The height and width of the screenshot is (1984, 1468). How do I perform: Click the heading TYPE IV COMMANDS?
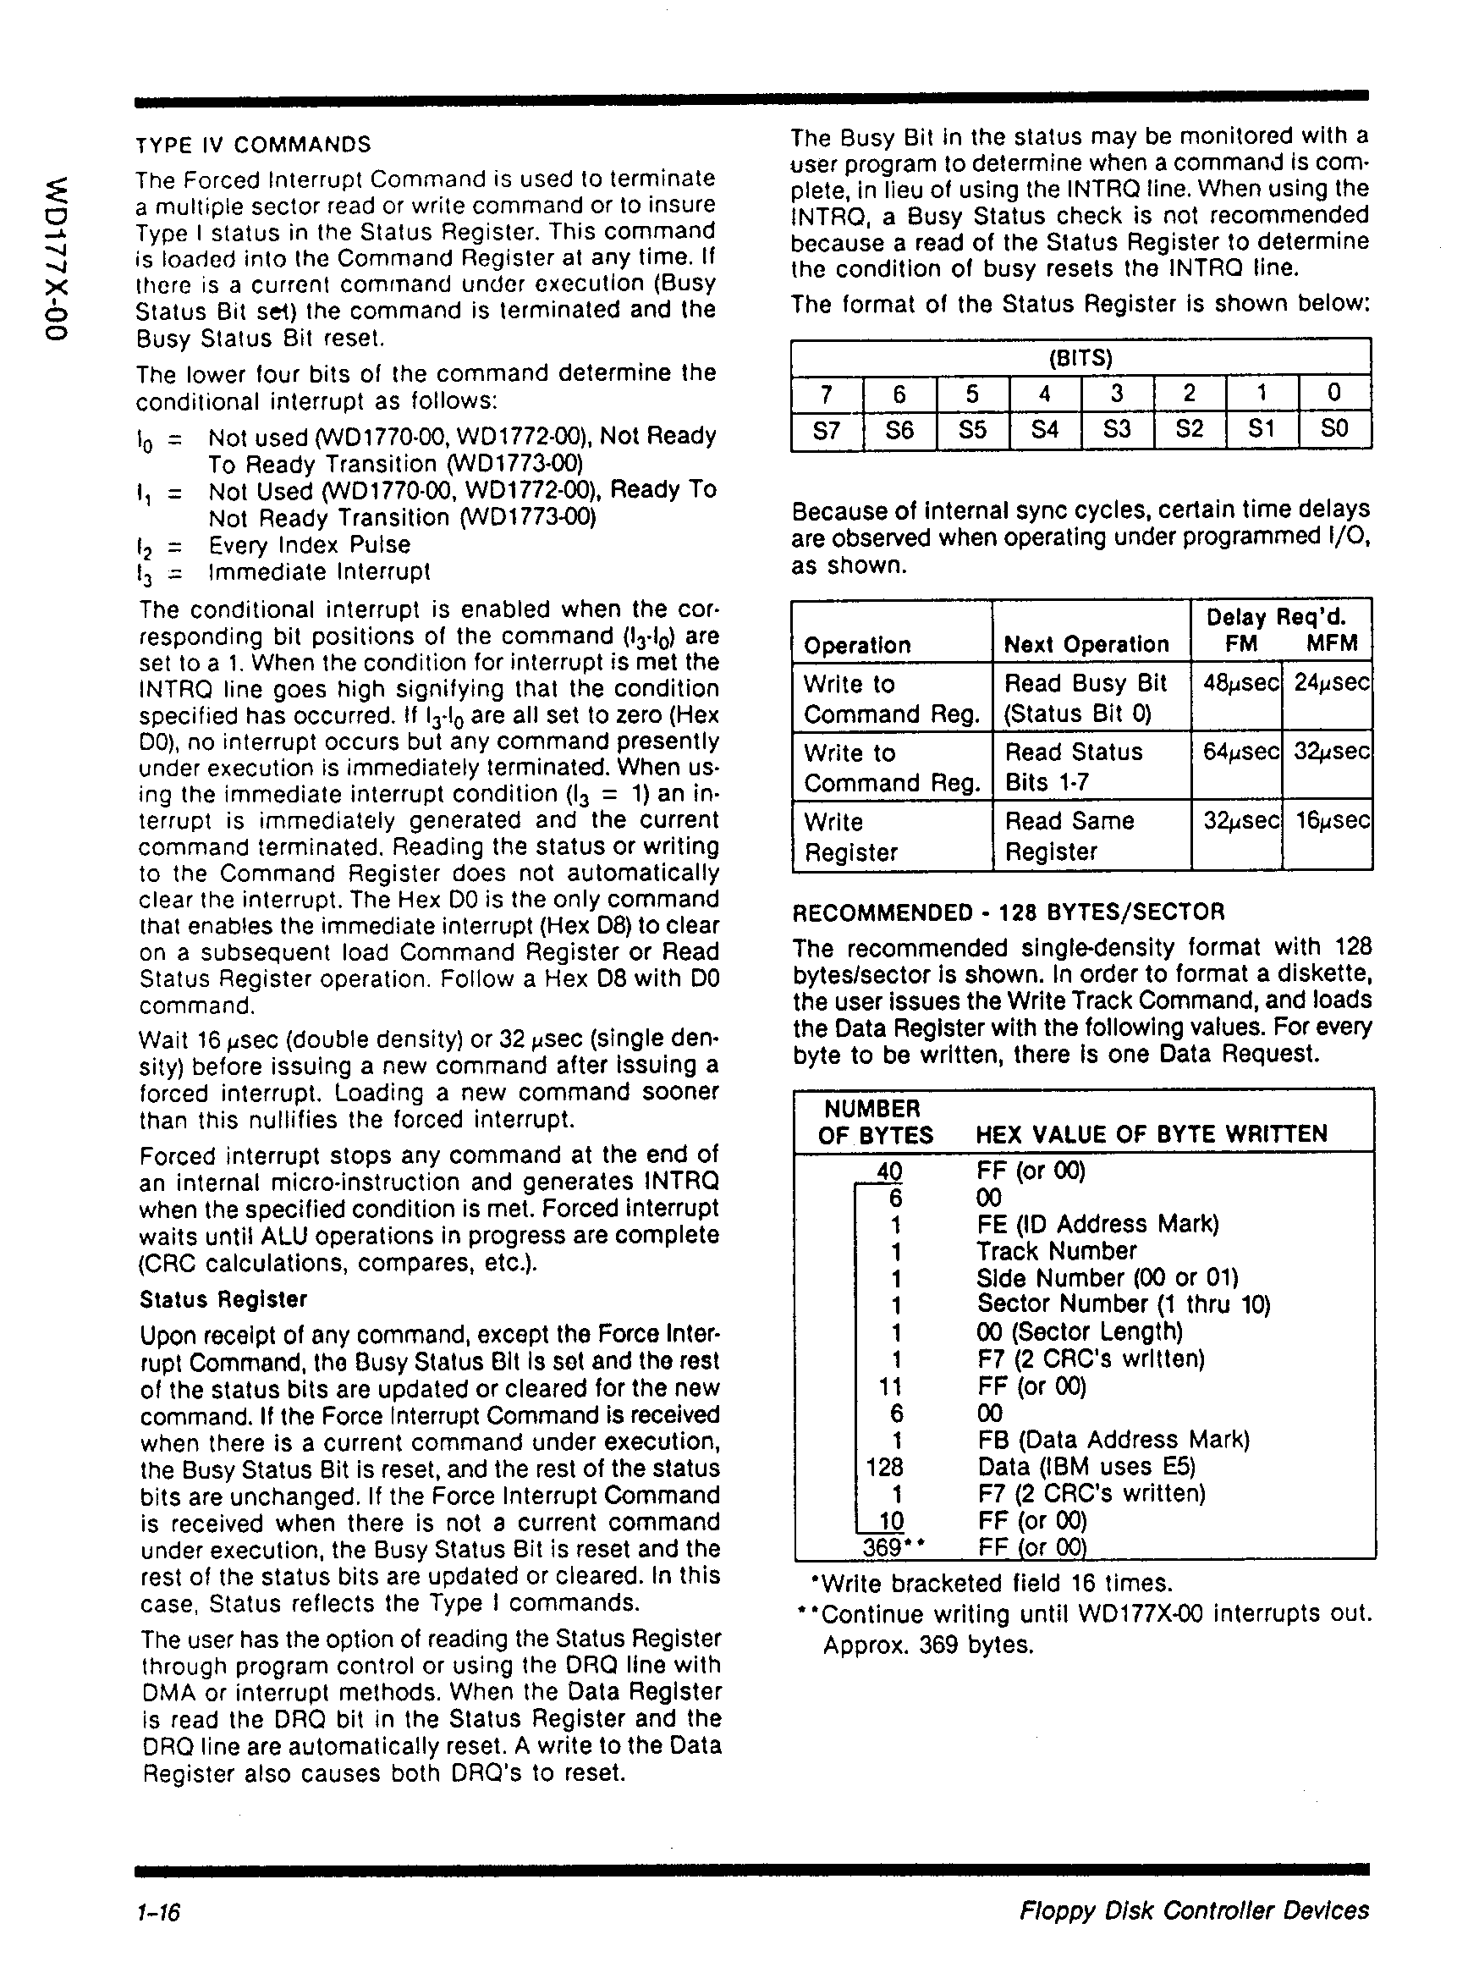pos(253,145)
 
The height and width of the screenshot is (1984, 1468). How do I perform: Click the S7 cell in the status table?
pos(827,430)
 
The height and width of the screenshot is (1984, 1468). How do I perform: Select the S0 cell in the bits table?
pos(1334,429)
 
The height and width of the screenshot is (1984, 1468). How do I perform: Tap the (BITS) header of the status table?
pos(1080,358)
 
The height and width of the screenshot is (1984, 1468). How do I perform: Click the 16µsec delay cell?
pos(1330,820)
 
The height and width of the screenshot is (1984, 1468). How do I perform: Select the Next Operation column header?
pos(1086,644)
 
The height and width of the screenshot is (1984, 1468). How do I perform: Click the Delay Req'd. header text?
pos(1275,618)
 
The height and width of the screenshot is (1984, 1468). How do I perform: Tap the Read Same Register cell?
pos(1069,835)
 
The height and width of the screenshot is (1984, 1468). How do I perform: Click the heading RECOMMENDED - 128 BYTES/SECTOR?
pos(1008,912)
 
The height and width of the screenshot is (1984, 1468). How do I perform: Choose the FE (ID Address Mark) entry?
pos(1097,1224)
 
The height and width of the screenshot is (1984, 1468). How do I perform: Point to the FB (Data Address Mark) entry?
pos(1113,1439)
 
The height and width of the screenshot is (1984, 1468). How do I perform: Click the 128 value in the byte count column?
pos(884,1466)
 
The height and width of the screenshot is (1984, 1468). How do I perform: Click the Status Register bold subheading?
pos(223,1299)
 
